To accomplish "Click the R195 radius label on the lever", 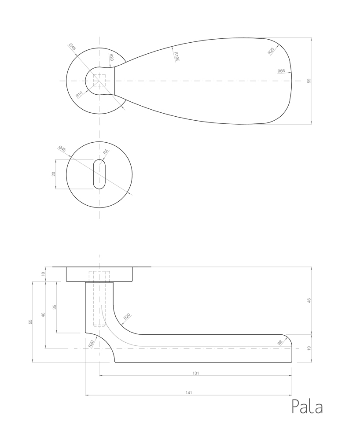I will click(176, 57).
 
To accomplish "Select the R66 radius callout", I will click(281, 71).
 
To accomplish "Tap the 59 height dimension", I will click(309, 81).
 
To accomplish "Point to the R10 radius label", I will click(79, 94).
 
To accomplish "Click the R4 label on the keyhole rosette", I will click(105, 152).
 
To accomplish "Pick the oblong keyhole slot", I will click(99, 174).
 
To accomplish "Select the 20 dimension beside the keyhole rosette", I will click(54, 174).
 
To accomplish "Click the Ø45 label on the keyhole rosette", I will click(62, 149).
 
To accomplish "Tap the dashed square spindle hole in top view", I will click(99, 81).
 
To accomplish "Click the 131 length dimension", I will click(196, 373).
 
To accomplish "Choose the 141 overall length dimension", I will click(189, 392).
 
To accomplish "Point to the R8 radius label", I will click(280, 342).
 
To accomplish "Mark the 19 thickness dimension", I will click(309, 348).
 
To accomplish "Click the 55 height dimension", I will click(30, 322).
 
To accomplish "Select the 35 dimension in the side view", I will click(55, 307).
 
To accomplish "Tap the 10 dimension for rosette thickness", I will click(43, 274).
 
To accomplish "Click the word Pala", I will click(307, 407).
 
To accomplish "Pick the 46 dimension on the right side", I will click(309, 300).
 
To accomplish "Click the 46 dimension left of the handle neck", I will click(43, 314).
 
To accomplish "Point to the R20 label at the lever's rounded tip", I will click(271, 51).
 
